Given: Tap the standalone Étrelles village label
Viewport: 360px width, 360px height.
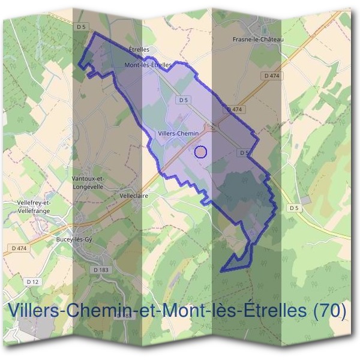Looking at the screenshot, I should pos(139,50).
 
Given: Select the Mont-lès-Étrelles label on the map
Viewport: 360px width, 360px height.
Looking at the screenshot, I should pos(148,64).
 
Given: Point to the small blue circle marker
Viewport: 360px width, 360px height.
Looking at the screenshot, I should pos(201,151).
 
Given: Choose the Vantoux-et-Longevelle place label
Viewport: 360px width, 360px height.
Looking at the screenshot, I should pos(88,182).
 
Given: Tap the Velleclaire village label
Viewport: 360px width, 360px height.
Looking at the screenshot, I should pos(134,196).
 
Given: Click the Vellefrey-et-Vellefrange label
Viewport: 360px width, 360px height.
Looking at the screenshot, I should pos(35,206).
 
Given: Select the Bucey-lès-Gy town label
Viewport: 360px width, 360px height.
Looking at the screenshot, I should pos(73,239).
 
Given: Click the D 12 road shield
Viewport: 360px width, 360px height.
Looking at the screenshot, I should pos(32,281).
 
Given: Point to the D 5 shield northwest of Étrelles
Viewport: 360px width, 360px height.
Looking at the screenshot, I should pos(82,27).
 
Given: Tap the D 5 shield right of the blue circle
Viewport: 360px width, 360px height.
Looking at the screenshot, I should pos(244,153).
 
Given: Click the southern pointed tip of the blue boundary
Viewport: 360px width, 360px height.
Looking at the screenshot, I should pos(221,271).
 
